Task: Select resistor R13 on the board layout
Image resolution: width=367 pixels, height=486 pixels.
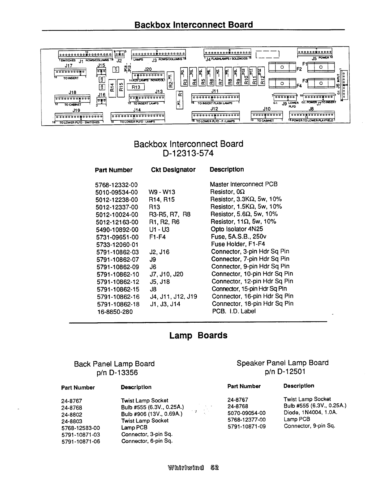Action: pos(136,87)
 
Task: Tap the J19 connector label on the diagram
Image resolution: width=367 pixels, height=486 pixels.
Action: pos(76,110)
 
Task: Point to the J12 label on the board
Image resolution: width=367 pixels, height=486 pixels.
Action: pos(214,109)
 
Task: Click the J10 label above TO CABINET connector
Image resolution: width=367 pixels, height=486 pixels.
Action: pos(267,109)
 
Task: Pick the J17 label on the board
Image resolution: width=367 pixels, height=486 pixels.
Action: pos(69,66)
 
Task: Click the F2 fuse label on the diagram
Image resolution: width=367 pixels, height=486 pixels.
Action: pos(299,69)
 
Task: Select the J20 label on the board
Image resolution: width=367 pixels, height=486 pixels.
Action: pos(148,70)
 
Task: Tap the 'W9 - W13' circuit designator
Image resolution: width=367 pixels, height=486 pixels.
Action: pos(162,192)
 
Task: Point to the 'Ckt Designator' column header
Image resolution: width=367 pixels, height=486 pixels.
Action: pos(173,170)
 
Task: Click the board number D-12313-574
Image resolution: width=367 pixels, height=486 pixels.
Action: pos(188,153)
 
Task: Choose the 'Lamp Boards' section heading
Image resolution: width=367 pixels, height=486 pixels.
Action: pos(198,335)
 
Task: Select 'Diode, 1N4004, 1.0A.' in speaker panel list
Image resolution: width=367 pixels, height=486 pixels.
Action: pos(310,412)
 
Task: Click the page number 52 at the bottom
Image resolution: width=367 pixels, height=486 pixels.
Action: pos(214,467)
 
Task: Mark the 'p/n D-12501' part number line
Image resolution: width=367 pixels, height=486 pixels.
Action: pos(285,372)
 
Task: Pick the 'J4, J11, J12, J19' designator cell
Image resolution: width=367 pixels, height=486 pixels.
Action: pos(173,296)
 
